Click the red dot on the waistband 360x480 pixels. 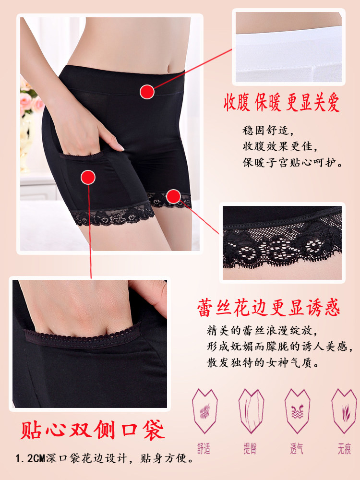click(147, 90)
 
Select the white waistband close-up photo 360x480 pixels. click(288, 47)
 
